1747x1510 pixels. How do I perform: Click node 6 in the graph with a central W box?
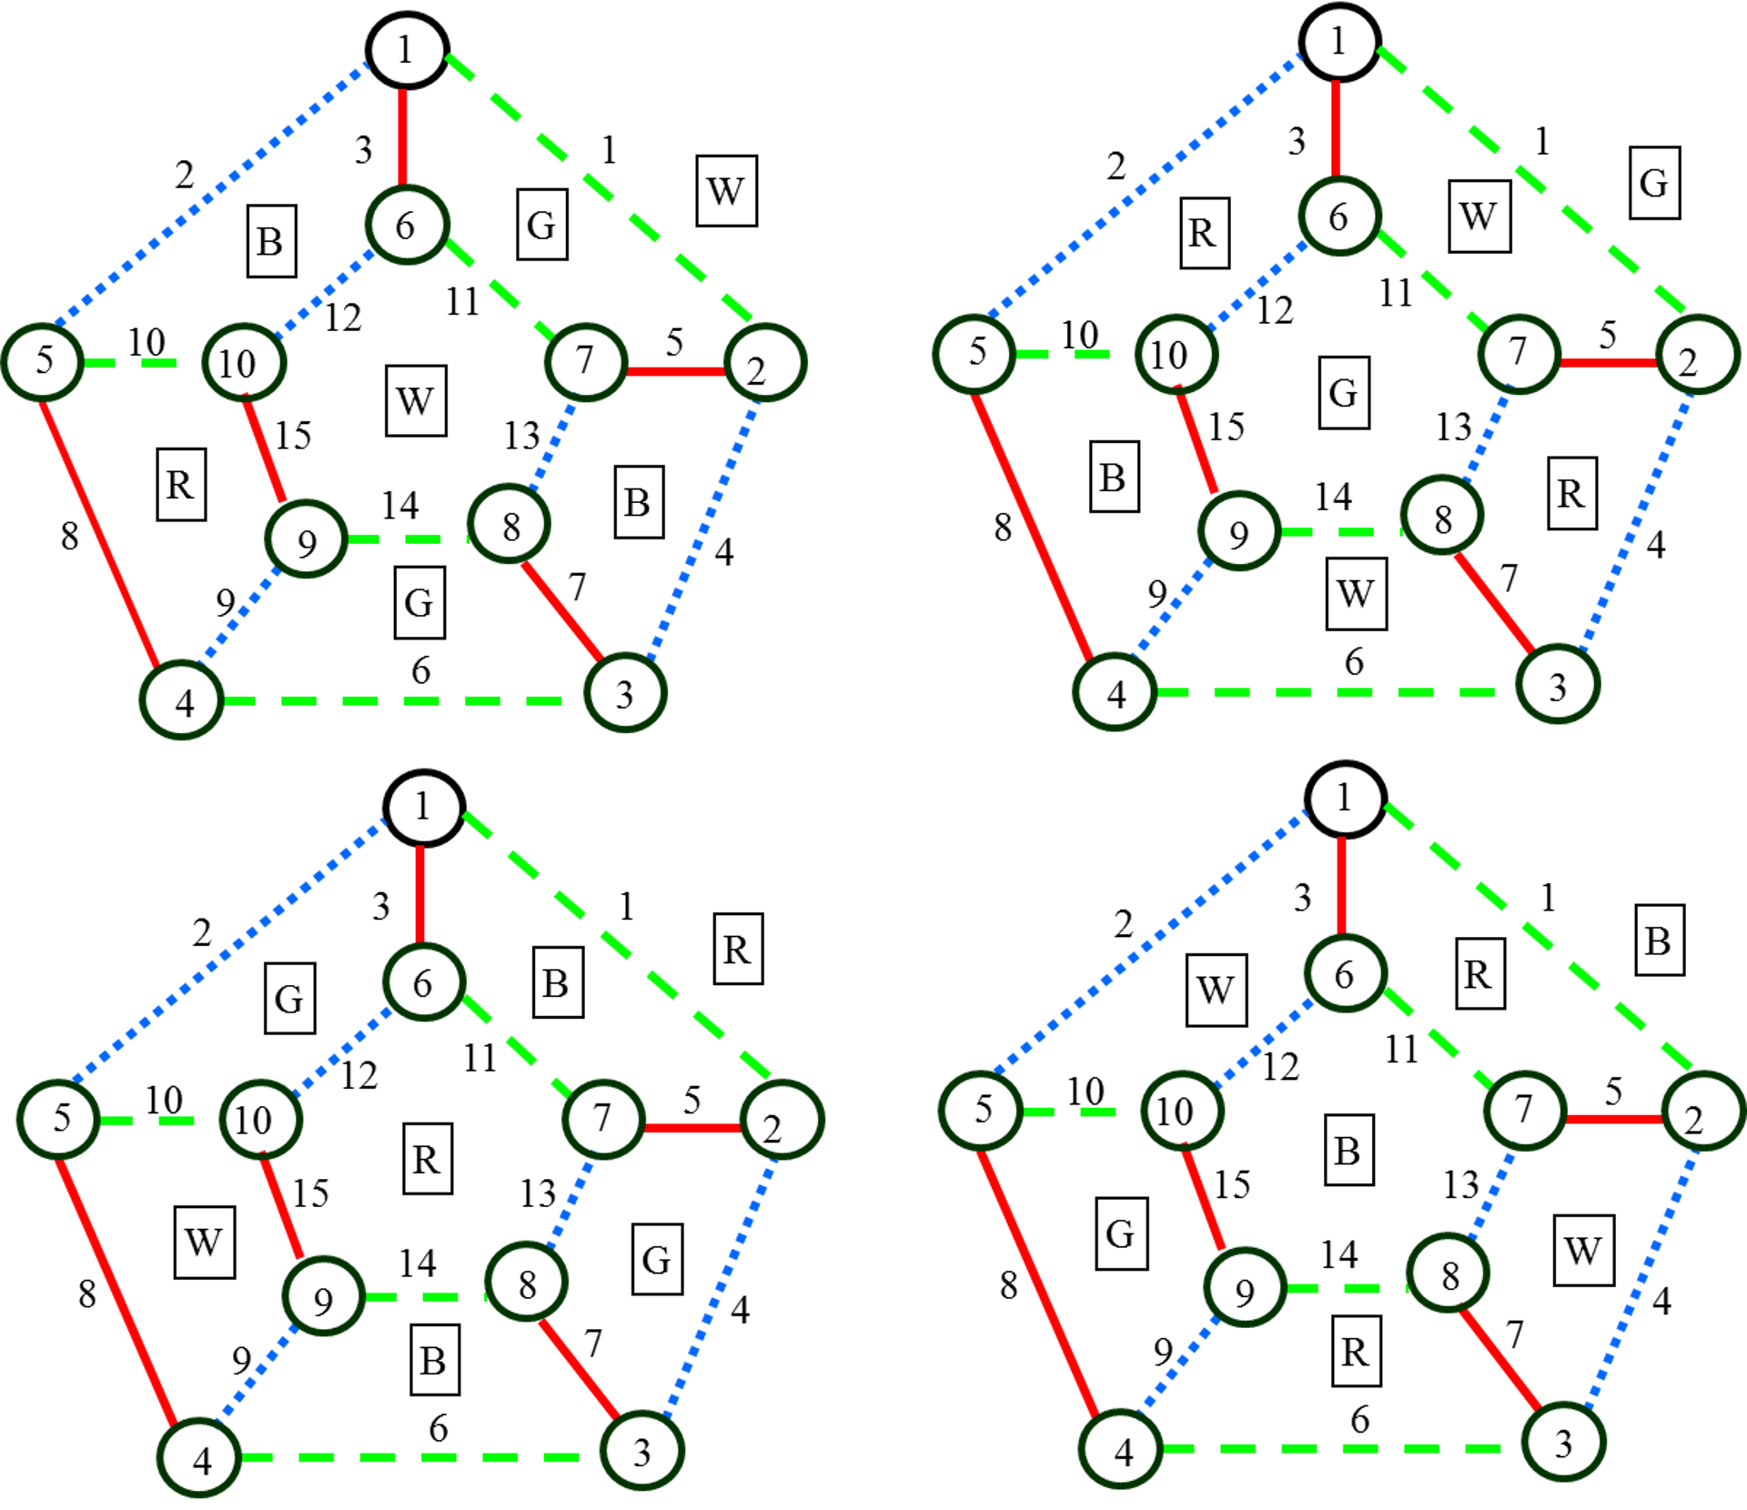click(x=407, y=225)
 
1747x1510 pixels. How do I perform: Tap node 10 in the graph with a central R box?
click(x=260, y=1119)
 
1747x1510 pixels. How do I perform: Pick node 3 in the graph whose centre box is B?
click(x=1563, y=1443)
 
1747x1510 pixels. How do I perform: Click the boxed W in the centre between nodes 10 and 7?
click(x=416, y=400)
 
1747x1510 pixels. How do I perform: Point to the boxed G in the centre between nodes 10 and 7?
click(x=1344, y=392)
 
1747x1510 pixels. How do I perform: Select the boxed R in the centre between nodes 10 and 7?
click(x=427, y=1159)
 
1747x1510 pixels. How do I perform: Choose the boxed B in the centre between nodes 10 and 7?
click(x=1348, y=1151)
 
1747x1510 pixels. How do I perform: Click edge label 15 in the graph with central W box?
click(x=294, y=436)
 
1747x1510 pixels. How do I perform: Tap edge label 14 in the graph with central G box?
click(x=1333, y=497)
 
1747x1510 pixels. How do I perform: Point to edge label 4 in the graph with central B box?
click(x=1661, y=1302)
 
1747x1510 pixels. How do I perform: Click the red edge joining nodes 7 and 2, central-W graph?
click(x=675, y=371)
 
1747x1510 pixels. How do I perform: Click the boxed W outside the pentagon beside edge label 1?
click(x=726, y=191)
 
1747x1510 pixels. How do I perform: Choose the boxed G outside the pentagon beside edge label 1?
click(x=1654, y=183)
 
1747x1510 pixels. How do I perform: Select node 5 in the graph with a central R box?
click(x=59, y=1119)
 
